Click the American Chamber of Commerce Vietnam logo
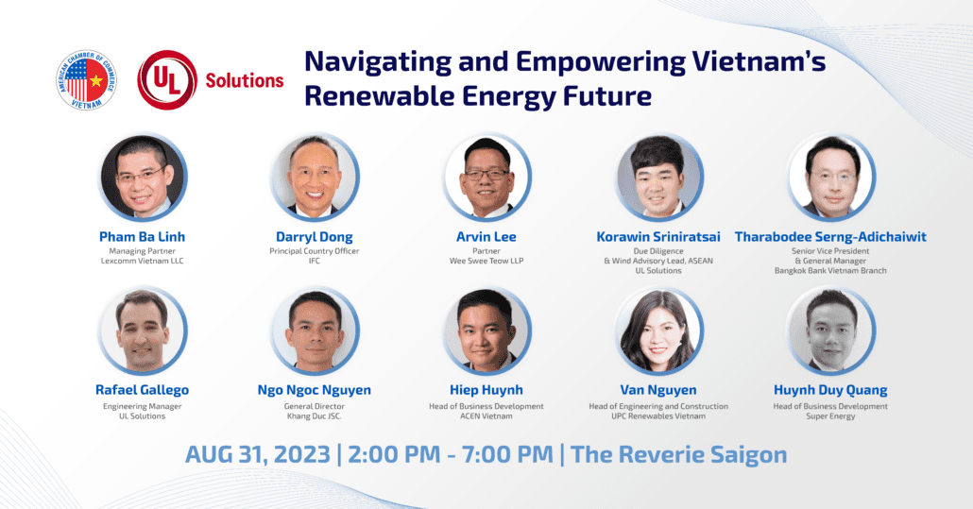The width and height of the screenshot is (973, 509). click(x=86, y=80)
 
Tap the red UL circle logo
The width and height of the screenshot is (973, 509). click(x=167, y=80)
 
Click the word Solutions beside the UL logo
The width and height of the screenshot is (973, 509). click(x=245, y=80)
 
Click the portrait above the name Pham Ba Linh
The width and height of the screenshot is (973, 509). click(x=144, y=177)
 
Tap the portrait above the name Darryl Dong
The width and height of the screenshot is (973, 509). click(x=315, y=177)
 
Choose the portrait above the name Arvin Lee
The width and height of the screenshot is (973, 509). click(x=487, y=177)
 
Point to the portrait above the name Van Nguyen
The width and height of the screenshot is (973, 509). click(x=659, y=331)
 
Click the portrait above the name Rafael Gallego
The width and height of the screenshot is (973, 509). click(x=144, y=331)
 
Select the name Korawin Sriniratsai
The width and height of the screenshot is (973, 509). click(x=659, y=236)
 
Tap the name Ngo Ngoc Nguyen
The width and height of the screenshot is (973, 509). click(x=315, y=390)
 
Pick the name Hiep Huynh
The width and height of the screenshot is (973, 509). click(x=486, y=390)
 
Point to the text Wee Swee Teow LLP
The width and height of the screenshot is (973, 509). click(x=486, y=261)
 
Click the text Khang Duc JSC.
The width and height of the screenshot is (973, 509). click(x=315, y=416)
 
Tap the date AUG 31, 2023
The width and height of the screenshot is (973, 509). click(x=257, y=454)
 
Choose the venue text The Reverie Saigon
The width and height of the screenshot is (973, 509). click(x=679, y=454)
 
